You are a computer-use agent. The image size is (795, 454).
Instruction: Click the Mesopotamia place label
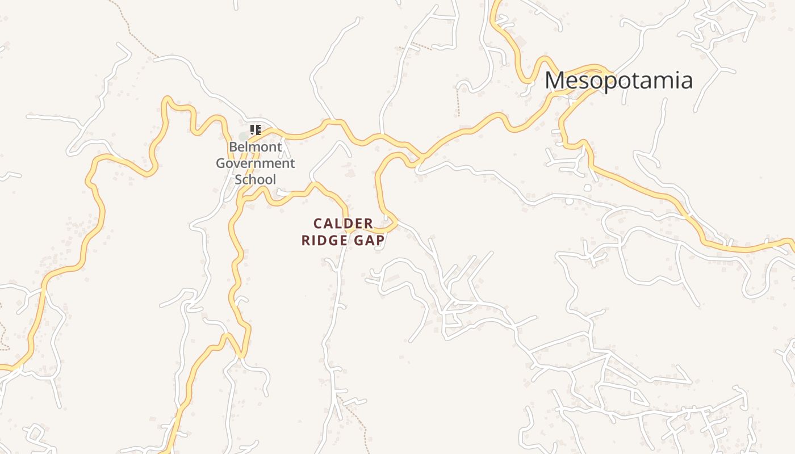pos(618,81)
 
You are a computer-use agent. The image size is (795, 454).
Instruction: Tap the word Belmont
pos(256,147)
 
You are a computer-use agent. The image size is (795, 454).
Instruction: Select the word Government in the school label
pos(256,163)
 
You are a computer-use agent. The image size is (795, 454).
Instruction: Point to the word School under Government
pos(256,179)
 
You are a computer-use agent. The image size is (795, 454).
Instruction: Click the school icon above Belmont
pos(256,130)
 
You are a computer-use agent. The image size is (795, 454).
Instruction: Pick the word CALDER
pos(343,224)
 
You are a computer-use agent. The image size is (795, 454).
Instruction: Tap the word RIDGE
pos(325,241)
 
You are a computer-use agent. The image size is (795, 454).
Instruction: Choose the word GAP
pos(369,241)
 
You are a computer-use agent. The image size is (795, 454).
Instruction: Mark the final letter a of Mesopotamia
pos(687,81)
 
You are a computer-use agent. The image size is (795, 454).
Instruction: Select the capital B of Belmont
pos(233,147)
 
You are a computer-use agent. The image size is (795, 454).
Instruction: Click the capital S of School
pos(238,179)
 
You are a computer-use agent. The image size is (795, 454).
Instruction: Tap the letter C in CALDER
pos(319,224)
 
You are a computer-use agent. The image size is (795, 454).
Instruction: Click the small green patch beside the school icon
pos(244,136)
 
